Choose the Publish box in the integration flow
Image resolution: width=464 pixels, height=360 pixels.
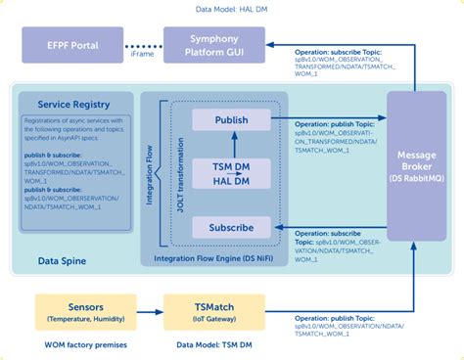click(230, 120)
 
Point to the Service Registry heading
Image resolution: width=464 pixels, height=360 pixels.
click(73, 104)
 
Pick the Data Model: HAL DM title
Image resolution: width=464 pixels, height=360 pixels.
click(232, 10)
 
